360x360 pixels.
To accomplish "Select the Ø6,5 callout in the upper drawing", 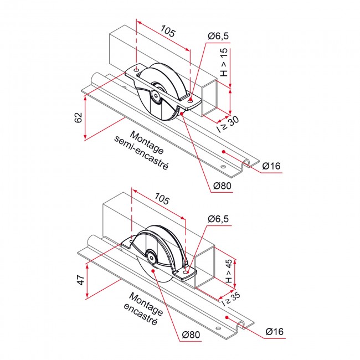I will [218, 36].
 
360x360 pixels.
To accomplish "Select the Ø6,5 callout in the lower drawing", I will [219, 219].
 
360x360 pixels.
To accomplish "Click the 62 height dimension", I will [78, 117].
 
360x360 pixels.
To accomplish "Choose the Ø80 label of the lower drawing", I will [191, 335].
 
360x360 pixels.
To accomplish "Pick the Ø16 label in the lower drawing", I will [275, 331].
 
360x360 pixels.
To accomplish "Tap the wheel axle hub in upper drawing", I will [157, 95].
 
